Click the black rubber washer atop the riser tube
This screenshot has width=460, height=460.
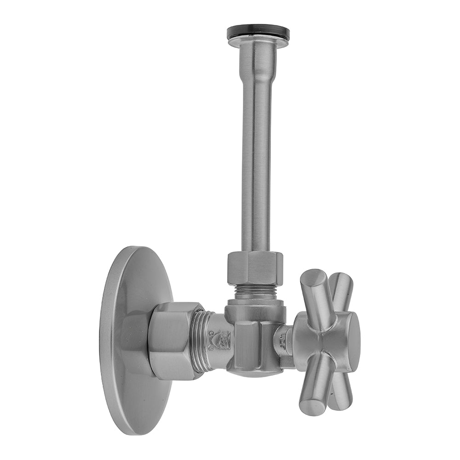pyautogui.click(x=258, y=32)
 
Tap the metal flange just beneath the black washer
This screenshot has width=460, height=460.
pyautogui.click(x=258, y=43)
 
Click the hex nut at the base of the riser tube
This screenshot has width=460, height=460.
pyautogui.click(x=255, y=267)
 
